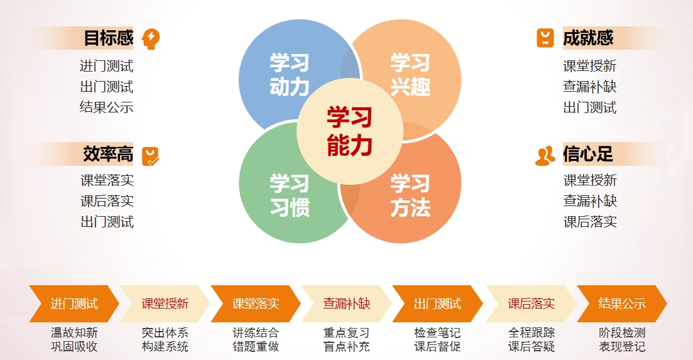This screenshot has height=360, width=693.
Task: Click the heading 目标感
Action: (108, 38)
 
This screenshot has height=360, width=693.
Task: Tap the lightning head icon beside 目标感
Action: (151, 39)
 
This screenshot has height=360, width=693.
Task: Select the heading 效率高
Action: (108, 154)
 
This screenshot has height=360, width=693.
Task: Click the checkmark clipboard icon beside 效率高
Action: (150, 156)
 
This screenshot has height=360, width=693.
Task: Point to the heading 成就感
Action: (588, 38)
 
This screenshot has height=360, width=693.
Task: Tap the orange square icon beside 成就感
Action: (545, 38)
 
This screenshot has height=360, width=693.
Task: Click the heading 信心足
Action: (588, 154)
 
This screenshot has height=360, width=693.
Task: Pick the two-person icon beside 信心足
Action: (545, 155)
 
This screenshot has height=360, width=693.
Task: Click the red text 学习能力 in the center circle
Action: (349, 131)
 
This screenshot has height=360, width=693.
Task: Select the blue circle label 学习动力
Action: (290, 75)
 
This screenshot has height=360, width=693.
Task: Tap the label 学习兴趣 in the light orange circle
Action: (410, 75)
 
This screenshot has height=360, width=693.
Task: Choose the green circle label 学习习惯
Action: (290, 195)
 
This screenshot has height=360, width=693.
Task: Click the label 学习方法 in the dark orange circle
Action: (410, 195)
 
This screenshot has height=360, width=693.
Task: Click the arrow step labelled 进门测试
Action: (74, 304)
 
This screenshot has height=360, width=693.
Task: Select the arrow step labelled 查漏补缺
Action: (347, 304)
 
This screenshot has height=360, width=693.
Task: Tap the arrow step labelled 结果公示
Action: (622, 304)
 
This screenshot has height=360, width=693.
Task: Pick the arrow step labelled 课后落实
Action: (531, 304)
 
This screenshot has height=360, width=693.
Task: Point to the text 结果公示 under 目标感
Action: (107, 107)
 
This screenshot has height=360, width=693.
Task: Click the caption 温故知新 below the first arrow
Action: (74, 332)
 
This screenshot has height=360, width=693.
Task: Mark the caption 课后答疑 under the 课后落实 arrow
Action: (532, 347)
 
